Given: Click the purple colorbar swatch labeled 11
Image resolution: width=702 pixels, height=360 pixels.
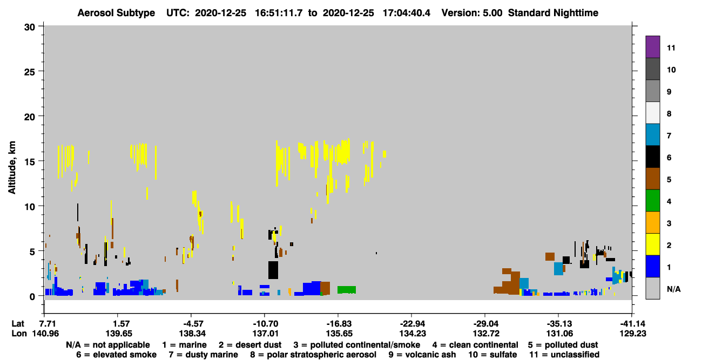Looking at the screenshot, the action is [x=652, y=46].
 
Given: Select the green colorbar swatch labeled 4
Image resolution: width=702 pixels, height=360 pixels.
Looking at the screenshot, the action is [x=652, y=201].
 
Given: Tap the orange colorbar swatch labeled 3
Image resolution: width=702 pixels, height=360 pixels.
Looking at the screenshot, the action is [x=652, y=222].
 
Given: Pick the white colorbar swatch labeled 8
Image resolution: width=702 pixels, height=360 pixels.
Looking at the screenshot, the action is [x=652, y=113].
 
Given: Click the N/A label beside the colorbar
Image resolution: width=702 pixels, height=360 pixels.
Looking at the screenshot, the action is [x=673, y=289].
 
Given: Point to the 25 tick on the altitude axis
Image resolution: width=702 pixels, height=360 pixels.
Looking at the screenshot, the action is [x=30, y=72].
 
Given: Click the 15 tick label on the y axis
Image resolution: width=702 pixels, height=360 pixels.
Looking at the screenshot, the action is [x=30, y=162].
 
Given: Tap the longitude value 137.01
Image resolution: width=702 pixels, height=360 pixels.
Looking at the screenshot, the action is [x=265, y=333].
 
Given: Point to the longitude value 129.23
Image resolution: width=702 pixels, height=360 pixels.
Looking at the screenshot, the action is [x=632, y=333].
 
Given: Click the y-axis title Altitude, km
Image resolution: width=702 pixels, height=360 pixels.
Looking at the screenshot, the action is [x=11, y=168].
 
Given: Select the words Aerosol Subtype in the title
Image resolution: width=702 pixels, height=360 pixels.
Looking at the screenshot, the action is [x=116, y=13].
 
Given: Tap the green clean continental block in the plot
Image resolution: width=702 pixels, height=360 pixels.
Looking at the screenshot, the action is [x=347, y=290].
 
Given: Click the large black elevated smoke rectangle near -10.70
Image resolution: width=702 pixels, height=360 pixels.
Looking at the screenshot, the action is [x=273, y=270].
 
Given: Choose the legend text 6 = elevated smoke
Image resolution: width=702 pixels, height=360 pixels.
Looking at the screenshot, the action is [x=116, y=355].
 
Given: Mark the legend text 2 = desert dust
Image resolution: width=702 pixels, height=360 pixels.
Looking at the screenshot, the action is [x=250, y=345].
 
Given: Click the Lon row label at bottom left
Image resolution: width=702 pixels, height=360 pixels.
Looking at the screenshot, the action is [x=19, y=333].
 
